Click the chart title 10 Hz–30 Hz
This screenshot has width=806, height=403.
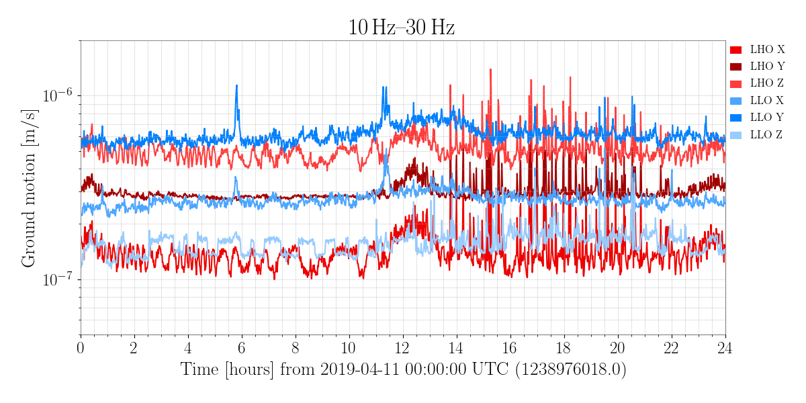tap(401, 28)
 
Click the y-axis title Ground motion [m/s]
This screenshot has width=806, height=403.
tap(28, 188)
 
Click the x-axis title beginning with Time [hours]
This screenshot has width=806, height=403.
tap(403, 369)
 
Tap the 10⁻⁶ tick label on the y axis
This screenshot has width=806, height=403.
tap(58, 96)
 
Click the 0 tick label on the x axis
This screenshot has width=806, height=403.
tap(81, 348)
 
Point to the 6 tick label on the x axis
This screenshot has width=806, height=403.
tap(242, 348)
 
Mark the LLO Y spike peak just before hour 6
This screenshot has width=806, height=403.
tap(236, 86)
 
